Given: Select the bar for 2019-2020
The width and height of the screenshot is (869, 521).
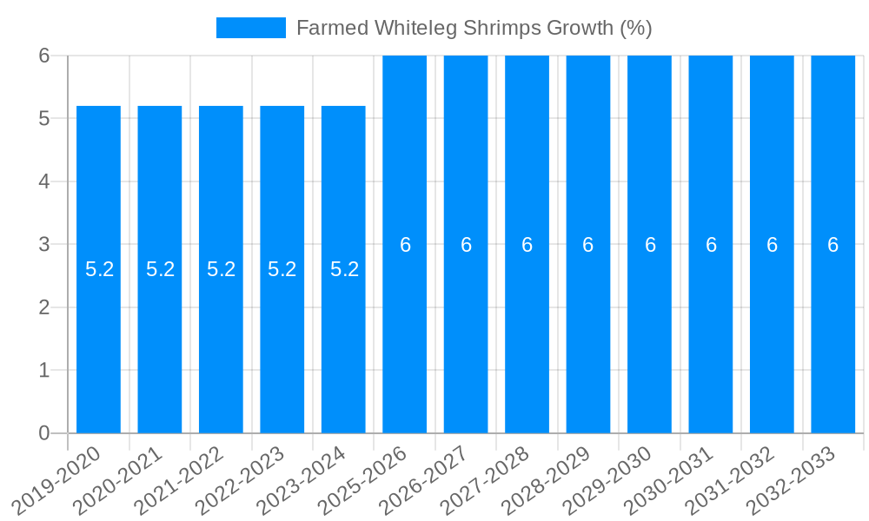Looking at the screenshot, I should click(x=98, y=347).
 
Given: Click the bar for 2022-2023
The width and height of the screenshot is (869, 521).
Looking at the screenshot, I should click(x=282, y=347).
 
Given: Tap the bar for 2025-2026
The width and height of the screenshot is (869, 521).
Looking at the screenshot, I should click(x=405, y=347).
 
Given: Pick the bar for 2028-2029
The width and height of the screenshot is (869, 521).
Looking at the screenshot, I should click(x=588, y=347).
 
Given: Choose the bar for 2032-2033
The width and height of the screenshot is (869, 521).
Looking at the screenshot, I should click(x=833, y=347).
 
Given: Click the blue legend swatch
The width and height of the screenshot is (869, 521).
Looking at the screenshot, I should click(x=250, y=28).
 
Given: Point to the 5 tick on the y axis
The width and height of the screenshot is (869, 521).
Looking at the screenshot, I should click(x=44, y=119).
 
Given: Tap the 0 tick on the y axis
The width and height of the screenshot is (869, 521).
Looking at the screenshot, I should click(x=44, y=433).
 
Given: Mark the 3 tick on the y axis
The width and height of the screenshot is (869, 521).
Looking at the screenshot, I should click(x=44, y=245).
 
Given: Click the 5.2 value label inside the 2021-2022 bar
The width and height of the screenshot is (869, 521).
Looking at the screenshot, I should click(x=221, y=269).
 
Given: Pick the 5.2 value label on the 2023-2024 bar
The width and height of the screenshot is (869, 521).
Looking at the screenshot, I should click(x=344, y=269).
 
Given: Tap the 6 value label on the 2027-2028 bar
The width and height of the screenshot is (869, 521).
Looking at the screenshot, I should click(x=527, y=245).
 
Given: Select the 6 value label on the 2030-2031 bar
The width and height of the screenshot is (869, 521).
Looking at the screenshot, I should click(x=711, y=245).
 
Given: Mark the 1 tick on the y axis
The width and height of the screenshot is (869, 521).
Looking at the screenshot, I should click(x=44, y=371).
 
